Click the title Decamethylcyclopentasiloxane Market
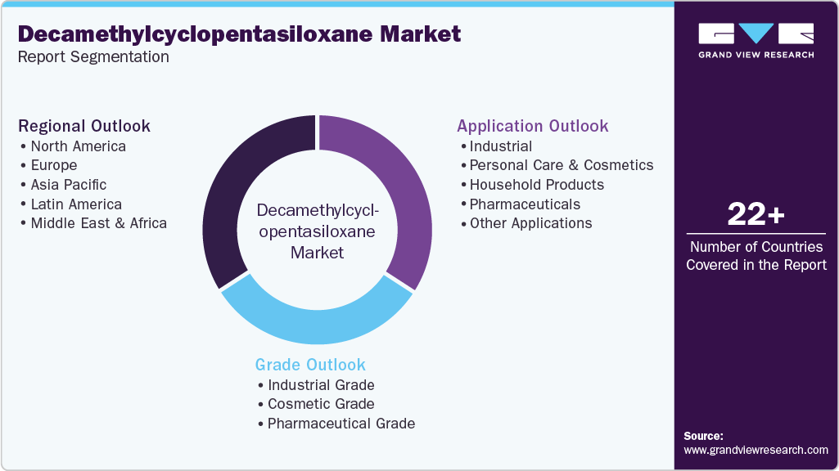pos(239,34)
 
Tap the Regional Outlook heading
pos(84,126)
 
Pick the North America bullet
pos(78,146)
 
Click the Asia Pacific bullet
pos(68,185)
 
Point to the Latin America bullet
pos(76,204)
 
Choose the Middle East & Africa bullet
pos(98,223)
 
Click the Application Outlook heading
pos(533,126)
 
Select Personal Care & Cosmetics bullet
pos(561,165)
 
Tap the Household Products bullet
pos(536,185)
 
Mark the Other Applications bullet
pos(530,223)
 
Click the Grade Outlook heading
pos(310,365)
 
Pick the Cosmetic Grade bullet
pos(321,404)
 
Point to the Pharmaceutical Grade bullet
pos(341,424)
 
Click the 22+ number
pos(756,215)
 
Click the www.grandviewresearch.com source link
pos(756,450)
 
